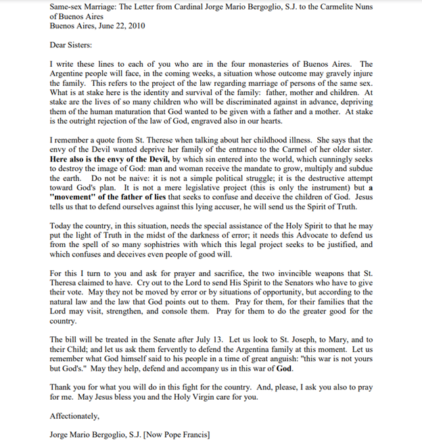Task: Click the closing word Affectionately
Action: click(x=74, y=416)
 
